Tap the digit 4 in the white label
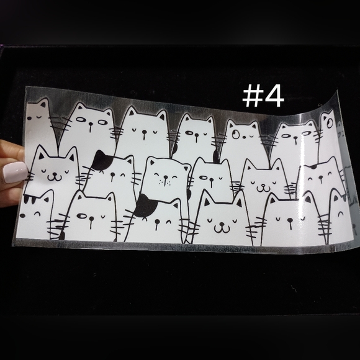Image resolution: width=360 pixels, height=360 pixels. click(273, 96)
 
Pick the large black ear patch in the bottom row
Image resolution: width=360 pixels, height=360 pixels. click(145, 205)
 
